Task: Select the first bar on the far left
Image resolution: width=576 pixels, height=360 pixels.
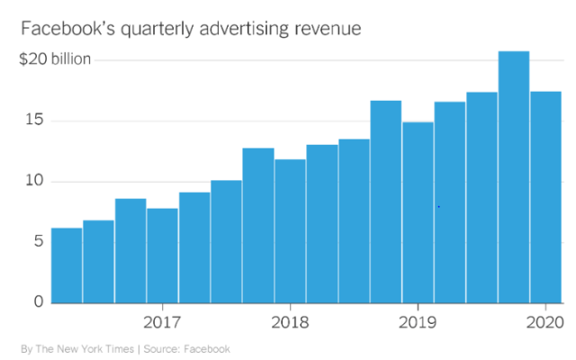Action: [67, 265]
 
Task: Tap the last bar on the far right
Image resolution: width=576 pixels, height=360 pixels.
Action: [545, 197]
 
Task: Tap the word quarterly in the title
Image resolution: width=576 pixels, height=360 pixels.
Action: [148, 31]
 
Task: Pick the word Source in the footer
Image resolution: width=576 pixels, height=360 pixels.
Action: [164, 348]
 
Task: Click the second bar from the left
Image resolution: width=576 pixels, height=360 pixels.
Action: [98, 262]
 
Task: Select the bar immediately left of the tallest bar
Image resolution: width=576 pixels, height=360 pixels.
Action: [481, 197]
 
